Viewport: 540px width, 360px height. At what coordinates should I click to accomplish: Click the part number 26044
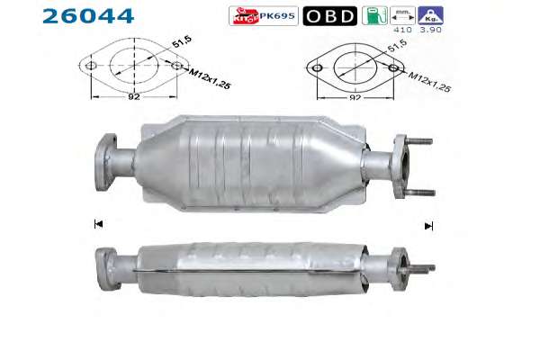tap(88, 16)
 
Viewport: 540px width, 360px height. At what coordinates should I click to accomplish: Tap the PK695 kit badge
tap(264, 16)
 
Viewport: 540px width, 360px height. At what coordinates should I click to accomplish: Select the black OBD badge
tap(330, 16)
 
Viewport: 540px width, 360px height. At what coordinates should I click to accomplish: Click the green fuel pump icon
tap(375, 15)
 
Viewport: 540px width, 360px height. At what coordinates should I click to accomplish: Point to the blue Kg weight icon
tap(430, 15)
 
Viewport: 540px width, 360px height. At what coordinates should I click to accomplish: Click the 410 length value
tap(402, 30)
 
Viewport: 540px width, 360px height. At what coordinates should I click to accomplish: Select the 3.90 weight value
tap(430, 30)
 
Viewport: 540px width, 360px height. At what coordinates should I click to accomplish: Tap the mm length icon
tap(402, 15)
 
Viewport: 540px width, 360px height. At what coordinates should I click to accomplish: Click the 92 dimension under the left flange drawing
tap(134, 96)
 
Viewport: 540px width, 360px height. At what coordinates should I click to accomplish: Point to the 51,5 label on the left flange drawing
tap(182, 42)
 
